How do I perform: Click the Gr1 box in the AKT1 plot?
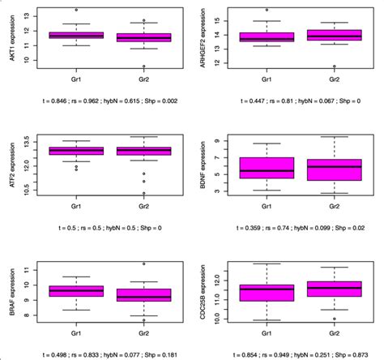pos(76,36)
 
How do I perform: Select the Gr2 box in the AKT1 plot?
pos(144,37)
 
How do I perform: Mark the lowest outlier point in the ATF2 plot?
pos(144,194)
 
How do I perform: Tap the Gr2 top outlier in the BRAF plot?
pos(144,264)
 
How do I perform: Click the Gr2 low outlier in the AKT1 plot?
pos(144,66)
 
